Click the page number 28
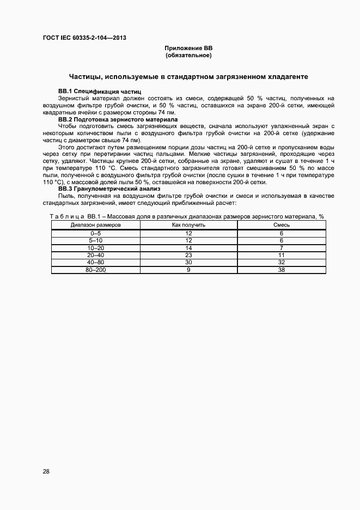(46, 471)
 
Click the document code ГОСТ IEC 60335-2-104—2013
(85, 37)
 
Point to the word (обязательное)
(188, 56)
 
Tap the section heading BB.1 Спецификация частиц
(100, 90)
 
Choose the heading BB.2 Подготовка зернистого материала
(118, 119)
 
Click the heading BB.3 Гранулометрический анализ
(109, 189)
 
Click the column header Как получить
(188, 224)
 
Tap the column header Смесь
(282, 224)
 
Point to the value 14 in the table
(188, 247)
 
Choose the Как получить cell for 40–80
(188, 262)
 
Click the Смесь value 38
(282, 270)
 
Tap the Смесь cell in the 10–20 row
(282, 247)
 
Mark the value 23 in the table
(188, 254)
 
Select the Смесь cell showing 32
(282, 262)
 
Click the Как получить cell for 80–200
(188, 270)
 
